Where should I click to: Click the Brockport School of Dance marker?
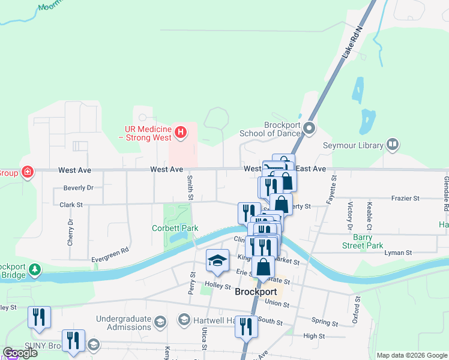310,128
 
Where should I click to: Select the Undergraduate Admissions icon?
160,323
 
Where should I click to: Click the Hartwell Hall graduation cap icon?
185,319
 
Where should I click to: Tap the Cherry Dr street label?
70,232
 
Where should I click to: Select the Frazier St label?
407,198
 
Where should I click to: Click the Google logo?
20,353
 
